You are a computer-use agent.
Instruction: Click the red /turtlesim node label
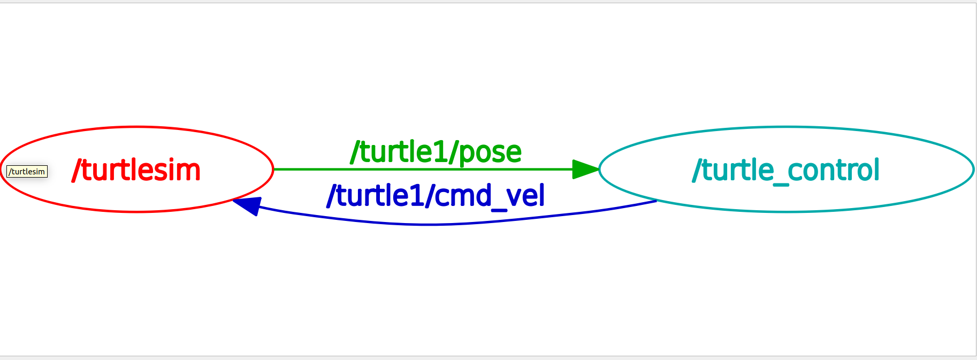[x=136, y=171]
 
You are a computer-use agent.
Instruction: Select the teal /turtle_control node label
[x=785, y=171]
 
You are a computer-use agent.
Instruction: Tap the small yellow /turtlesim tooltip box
[x=27, y=172]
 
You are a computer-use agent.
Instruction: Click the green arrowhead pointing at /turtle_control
[x=585, y=169]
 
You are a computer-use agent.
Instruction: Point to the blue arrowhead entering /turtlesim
[x=248, y=205]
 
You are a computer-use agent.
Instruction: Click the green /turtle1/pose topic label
[x=436, y=152]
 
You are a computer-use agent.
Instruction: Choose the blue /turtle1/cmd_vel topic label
[x=436, y=196]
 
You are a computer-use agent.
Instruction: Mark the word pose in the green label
[x=490, y=153]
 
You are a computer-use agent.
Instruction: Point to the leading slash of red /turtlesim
[x=76, y=171]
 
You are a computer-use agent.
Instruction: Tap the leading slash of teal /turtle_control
[x=697, y=171]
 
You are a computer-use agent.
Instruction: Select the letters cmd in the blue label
[x=462, y=196]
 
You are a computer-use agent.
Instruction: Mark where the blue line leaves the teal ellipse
[x=656, y=201]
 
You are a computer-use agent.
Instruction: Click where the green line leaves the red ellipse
[x=274, y=169]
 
